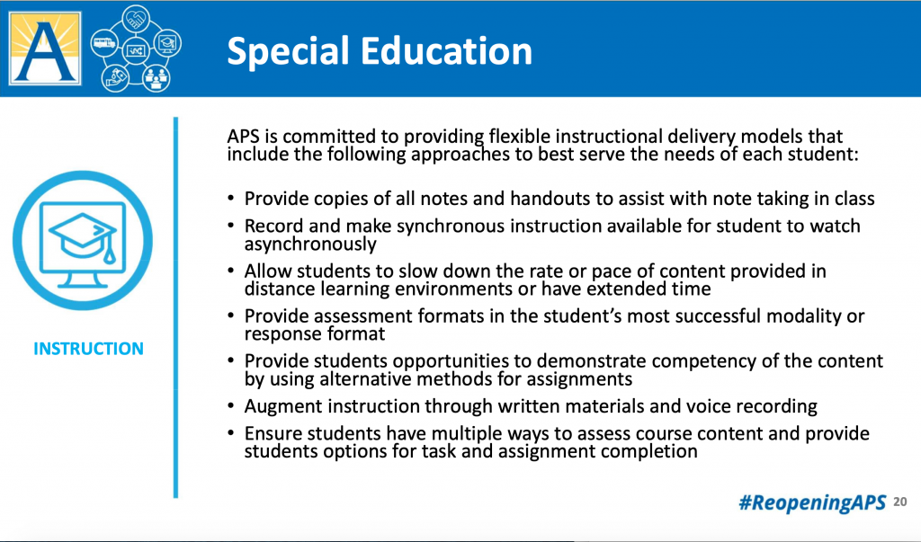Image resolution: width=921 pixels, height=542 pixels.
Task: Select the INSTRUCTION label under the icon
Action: [88, 349]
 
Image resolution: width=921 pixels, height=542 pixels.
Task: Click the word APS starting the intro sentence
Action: [245, 138]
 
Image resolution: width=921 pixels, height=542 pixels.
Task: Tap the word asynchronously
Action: [310, 244]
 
